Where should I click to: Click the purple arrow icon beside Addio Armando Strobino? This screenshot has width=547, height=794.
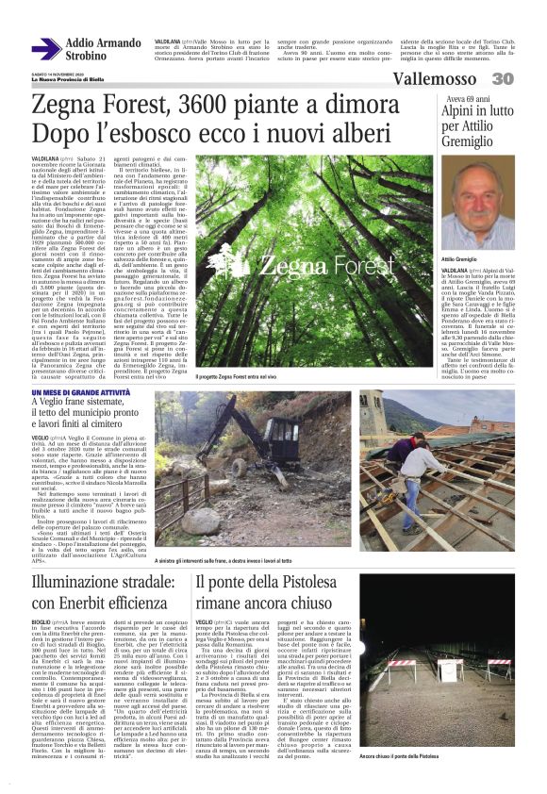click(45, 50)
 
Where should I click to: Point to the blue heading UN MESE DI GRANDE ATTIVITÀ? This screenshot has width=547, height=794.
click(83, 390)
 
